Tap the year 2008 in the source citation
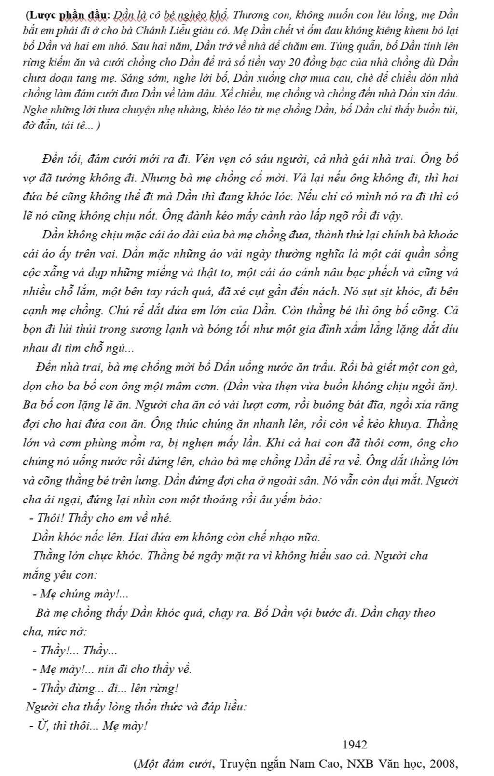tap(443, 764)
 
